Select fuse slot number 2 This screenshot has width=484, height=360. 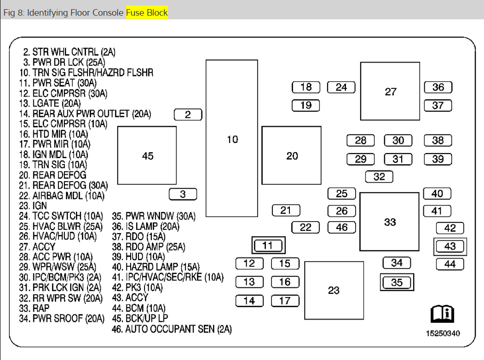(x=188, y=115)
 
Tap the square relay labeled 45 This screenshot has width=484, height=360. (x=147, y=156)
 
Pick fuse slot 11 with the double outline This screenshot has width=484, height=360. (x=268, y=245)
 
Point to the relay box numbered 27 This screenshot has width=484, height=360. (x=390, y=91)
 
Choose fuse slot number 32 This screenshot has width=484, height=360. (x=379, y=177)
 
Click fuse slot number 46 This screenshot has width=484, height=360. (x=342, y=227)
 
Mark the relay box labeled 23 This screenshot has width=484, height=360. (x=334, y=290)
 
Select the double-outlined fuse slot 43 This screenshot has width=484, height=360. (x=450, y=246)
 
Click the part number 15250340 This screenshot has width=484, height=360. (x=442, y=333)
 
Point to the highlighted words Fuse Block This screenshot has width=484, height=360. (x=147, y=12)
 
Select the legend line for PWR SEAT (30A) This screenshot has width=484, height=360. (x=58, y=83)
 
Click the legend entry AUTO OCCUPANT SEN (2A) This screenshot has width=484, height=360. (x=172, y=329)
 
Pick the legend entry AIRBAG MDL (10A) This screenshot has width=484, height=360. (x=62, y=196)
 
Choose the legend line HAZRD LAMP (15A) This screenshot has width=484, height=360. (x=157, y=267)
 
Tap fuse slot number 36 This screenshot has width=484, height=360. (x=438, y=87)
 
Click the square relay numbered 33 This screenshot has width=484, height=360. (x=390, y=222)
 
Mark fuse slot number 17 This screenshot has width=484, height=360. (x=285, y=301)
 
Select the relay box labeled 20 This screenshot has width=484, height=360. (x=292, y=156)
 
